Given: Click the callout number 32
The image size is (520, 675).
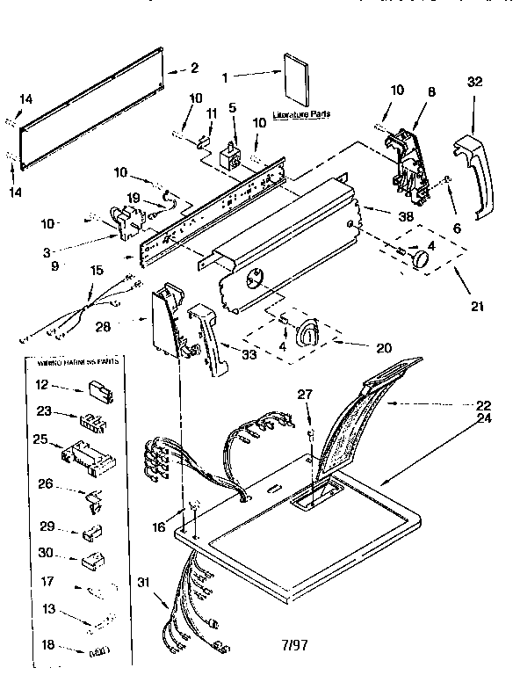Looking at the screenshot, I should coord(475,82).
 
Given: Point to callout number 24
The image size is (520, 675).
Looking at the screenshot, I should coord(483,419).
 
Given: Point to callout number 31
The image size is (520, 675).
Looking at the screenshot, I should coord(143,580).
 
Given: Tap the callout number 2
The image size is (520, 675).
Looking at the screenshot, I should coord(194,68).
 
